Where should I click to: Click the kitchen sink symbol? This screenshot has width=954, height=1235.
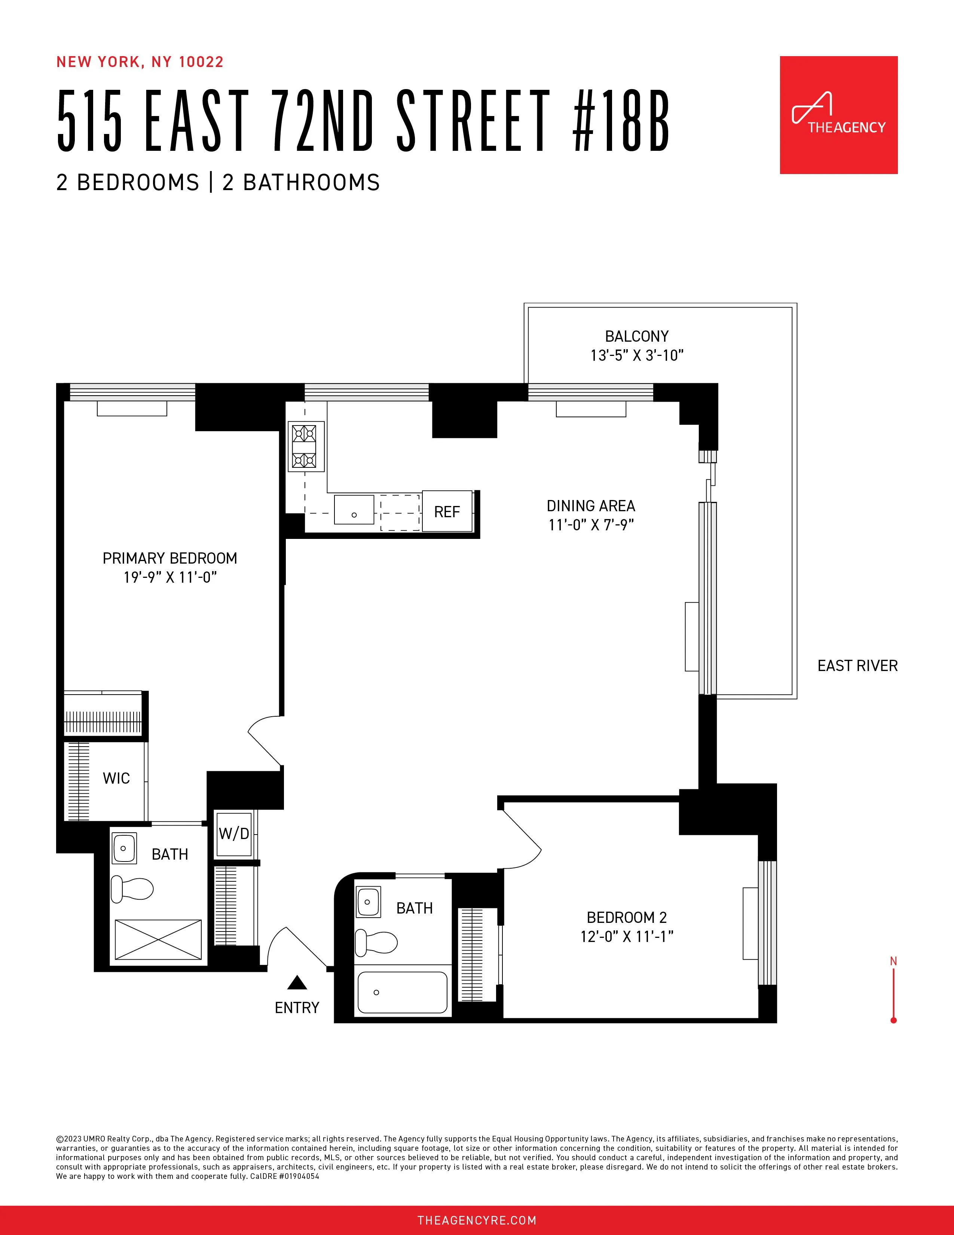click(x=354, y=509)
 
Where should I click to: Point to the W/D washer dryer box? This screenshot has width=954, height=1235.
click(x=234, y=833)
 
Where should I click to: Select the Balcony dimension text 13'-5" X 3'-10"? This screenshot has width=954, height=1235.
click(x=637, y=355)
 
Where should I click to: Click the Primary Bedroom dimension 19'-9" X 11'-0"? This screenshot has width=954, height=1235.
click(x=170, y=577)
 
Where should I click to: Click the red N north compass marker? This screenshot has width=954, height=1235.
click(x=893, y=961)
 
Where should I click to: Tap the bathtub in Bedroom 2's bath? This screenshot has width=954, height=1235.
click(x=403, y=992)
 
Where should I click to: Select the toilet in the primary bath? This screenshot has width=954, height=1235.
click(x=132, y=888)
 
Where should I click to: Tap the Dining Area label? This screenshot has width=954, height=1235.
click(x=591, y=506)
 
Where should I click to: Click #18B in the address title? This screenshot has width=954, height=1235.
click(x=621, y=122)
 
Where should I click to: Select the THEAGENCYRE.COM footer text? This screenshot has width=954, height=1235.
click(x=476, y=1220)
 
